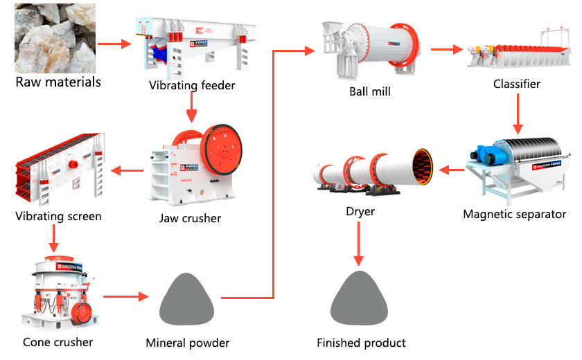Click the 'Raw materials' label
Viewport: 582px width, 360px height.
pos(58,82)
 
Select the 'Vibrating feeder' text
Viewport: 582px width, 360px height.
pos(192,86)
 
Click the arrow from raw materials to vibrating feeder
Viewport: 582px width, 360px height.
pos(114,44)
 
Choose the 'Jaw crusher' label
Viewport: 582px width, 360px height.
pos(190,219)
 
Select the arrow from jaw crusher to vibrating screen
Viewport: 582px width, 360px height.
pos(125,170)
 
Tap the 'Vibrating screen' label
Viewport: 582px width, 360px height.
pos(58,217)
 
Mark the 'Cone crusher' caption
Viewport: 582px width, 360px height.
pos(58,342)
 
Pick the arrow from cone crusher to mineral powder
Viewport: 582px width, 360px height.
pos(126,297)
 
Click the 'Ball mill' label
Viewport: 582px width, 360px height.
pos(370,91)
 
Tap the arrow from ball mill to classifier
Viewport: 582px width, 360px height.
pos(446,49)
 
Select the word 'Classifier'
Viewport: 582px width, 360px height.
pos(516,84)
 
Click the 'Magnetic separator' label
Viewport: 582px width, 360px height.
pos(514,214)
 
